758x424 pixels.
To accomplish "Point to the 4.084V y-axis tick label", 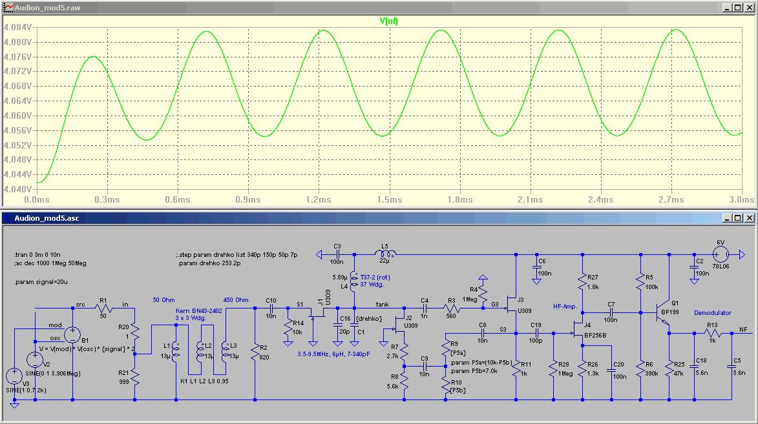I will [17, 28].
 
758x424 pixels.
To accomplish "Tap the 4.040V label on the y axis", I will [17, 189].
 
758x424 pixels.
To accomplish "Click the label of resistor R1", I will [103, 299].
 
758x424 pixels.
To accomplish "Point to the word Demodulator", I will [713, 313].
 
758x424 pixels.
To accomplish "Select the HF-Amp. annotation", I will [565, 306].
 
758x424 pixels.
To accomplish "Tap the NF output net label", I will [744, 329].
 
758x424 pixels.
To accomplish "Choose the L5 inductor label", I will [385, 246].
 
